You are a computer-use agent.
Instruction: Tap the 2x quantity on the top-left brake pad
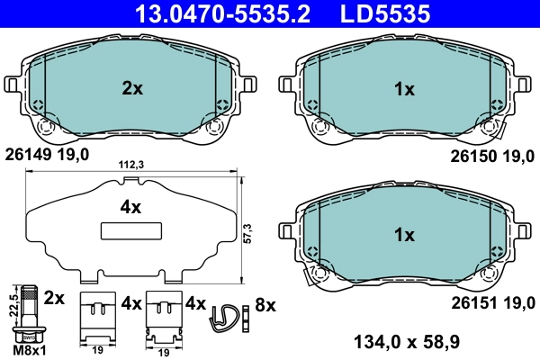[132, 88]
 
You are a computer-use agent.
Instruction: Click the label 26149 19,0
[47, 155]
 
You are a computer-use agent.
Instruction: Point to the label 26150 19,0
[493, 155]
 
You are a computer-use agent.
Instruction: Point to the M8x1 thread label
[29, 347]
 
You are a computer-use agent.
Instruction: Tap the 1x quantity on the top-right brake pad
[404, 88]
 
